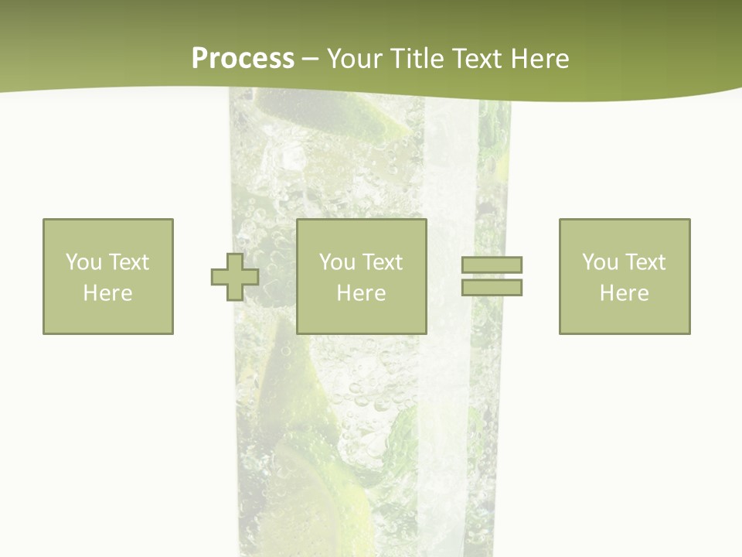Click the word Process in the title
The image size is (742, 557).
243,59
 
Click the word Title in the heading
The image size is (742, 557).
416,59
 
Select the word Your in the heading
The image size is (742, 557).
353,59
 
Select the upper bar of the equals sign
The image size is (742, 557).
492,265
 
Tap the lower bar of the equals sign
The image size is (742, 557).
492,287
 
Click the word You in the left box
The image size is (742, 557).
83,262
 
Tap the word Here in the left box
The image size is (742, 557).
108,293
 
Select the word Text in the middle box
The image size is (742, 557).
383,262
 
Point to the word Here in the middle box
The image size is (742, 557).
362,293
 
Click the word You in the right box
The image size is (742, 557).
601,262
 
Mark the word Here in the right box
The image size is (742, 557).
625,293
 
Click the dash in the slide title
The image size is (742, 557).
310,59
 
